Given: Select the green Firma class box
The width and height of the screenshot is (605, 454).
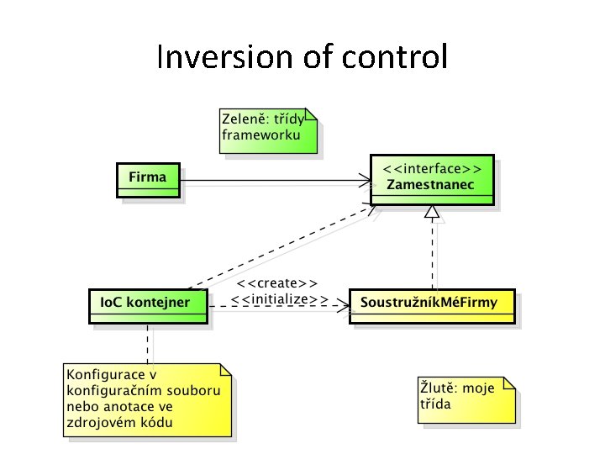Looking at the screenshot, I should click(147, 179).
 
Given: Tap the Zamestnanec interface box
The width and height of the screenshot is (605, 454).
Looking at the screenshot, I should click(432, 180).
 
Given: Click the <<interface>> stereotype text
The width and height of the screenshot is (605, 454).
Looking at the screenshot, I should click(432, 168).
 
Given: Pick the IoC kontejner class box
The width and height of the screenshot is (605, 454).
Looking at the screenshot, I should click(147, 305).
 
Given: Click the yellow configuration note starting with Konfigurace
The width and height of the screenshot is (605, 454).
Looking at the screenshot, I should click(147, 399).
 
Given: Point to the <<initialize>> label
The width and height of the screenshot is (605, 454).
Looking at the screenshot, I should click(279, 298).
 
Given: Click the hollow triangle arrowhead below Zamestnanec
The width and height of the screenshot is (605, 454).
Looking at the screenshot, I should click(433, 214).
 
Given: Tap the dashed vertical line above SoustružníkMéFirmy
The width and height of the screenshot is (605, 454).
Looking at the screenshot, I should click(433, 256).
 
